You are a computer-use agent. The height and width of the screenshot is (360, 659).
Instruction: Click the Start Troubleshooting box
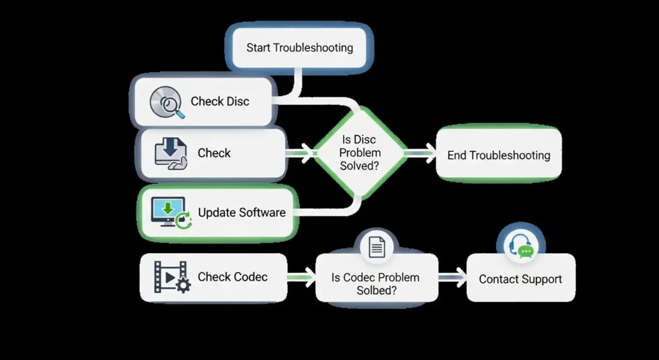point(300,48)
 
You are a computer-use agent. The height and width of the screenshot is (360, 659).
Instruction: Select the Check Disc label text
point(219,102)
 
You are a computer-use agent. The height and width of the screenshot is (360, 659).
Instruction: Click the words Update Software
point(241,213)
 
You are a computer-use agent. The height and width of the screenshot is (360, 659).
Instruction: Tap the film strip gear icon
point(171,277)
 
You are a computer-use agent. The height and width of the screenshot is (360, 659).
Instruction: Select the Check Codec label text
point(232,277)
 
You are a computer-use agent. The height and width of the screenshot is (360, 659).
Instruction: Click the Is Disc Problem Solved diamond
point(360,153)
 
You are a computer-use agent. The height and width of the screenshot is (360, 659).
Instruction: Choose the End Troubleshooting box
point(499,155)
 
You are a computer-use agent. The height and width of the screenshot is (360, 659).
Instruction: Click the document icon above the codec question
point(377,247)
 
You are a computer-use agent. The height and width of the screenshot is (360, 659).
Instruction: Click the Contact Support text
point(520,279)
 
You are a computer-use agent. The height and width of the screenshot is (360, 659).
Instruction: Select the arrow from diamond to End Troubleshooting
point(422,153)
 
